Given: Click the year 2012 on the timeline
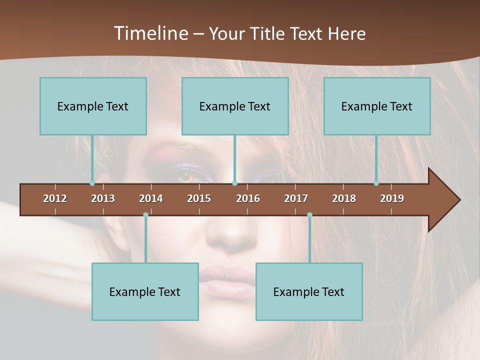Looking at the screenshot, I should pyautogui.click(x=55, y=198).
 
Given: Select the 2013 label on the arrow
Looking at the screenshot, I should pyautogui.click(x=103, y=198).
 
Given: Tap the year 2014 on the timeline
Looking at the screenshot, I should pyautogui.click(x=151, y=198).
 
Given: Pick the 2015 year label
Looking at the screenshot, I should pyautogui.click(x=199, y=198).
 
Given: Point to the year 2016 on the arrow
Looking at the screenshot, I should pyautogui.click(x=248, y=198).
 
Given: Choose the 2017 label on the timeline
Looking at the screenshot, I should pyautogui.click(x=296, y=198).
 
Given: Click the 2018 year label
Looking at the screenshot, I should pyautogui.click(x=344, y=198).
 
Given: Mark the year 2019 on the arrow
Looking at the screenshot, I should pyautogui.click(x=392, y=198).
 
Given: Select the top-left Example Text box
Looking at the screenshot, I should pyautogui.click(x=93, y=106).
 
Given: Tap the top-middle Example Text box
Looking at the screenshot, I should pyautogui.click(x=235, y=106).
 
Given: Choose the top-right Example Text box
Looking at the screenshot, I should pyautogui.click(x=377, y=106).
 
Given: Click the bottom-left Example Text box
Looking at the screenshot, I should pyautogui.click(x=145, y=291).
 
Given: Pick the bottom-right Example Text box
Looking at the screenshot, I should pyautogui.click(x=309, y=291).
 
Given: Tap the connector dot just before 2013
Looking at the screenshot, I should pyautogui.click(x=92, y=183).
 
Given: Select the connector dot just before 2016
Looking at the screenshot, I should pyautogui.click(x=234, y=183).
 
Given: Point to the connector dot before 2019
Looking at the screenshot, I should pyautogui.click(x=376, y=183).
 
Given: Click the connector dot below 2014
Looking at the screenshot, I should pyautogui.click(x=145, y=214).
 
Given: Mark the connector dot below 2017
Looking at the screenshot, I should pyautogui.click(x=309, y=214).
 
